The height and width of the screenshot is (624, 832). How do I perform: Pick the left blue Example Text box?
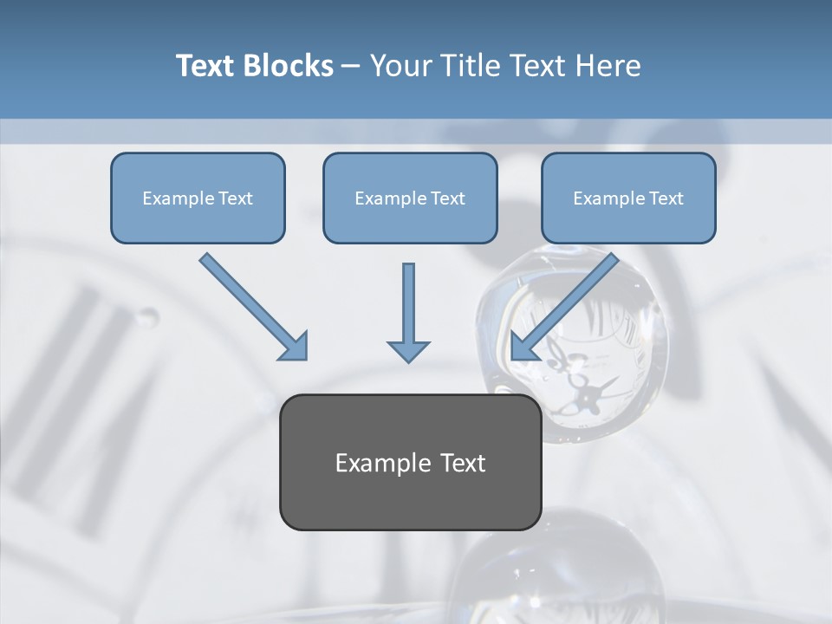(x=198, y=198)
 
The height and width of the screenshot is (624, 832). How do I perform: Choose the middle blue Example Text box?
(x=410, y=198)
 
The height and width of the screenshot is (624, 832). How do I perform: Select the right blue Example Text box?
(x=628, y=198)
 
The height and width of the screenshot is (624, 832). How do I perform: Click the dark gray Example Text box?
(x=410, y=462)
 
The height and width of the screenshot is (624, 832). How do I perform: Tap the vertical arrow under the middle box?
(x=408, y=308)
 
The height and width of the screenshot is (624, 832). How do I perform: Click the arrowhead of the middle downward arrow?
(x=408, y=351)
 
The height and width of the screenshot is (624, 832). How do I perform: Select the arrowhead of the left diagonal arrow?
(x=295, y=347)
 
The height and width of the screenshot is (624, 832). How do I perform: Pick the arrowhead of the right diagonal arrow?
(x=523, y=347)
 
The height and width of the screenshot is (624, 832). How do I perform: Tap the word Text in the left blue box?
(x=236, y=198)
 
